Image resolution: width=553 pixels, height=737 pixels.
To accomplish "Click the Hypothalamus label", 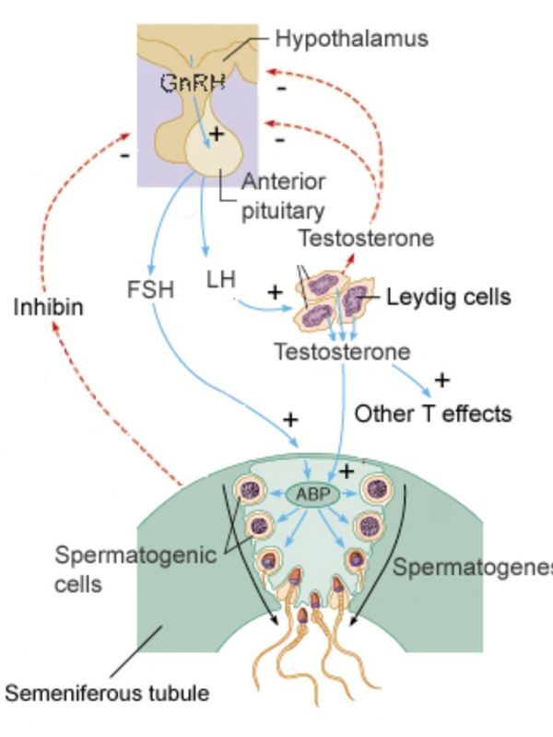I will [352, 39].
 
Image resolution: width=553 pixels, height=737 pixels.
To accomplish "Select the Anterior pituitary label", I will [283, 196].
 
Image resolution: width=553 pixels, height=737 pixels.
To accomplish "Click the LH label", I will [221, 278].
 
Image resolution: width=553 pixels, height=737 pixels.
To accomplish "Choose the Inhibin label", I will [48, 307].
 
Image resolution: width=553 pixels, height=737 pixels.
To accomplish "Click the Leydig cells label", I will [448, 298].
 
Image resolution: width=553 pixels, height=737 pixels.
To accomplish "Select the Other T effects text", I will [432, 414].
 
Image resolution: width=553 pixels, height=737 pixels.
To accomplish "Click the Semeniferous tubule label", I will [107, 692].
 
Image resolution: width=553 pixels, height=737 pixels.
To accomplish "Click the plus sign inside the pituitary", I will [217, 135].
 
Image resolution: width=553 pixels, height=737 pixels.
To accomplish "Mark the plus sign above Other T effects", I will [441, 380].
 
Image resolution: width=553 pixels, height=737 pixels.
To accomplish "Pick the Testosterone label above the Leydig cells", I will [365, 239].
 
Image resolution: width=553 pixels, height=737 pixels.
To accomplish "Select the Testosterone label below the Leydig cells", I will [342, 352].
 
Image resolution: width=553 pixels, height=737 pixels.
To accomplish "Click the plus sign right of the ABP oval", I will [347, 471].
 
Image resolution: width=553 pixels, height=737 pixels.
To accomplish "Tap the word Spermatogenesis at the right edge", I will [472, 567].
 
